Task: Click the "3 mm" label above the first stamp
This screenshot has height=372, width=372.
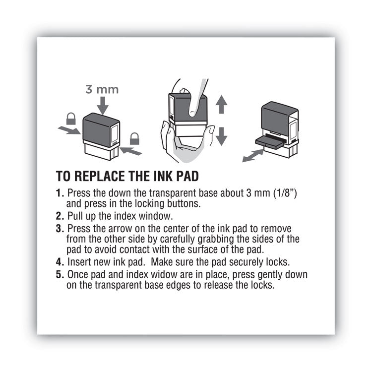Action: point(102,90)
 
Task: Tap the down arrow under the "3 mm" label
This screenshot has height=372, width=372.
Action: point(103,105)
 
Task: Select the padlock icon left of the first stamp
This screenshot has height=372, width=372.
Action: point(71,119)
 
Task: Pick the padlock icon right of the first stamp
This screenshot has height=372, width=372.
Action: point(134,138)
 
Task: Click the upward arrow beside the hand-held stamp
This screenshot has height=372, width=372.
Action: point(221,106)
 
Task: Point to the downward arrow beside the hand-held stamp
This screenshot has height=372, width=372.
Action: point(221,135)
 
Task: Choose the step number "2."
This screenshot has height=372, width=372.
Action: point(60,216)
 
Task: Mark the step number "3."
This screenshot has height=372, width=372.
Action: point(60,229)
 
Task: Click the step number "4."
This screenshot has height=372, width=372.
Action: point(60,261)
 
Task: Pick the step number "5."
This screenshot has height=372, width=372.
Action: point(60,274)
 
